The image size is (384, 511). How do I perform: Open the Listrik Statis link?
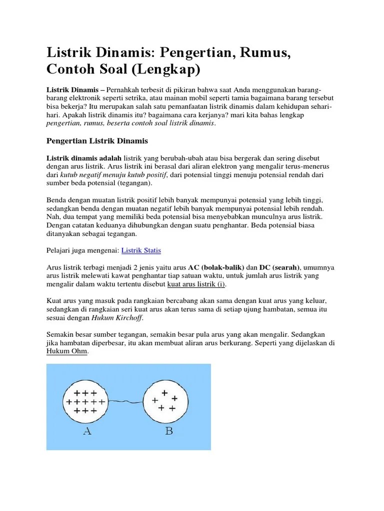(x=141, y=251)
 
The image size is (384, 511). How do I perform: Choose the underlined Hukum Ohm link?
(x=66, y=352)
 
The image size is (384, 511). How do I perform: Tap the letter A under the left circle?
(x=87, y=432)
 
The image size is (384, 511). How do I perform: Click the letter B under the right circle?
(x=169, y=431)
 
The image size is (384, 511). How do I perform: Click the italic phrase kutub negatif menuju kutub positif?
(x=113, y=175)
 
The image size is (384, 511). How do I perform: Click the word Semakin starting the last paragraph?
(x=61, y=335)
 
